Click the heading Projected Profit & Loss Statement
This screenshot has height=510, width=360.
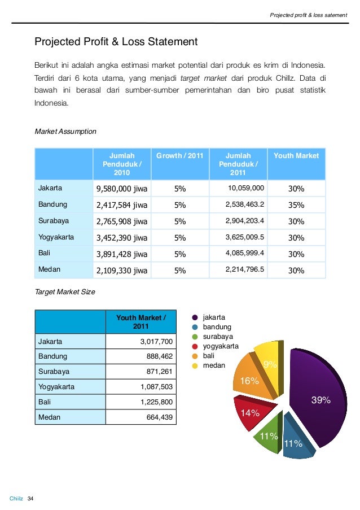tap(116, 42)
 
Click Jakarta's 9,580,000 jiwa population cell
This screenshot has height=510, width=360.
tap(122, 188)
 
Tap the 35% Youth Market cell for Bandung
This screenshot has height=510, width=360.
tap(296, 205)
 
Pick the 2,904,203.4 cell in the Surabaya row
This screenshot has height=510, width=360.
tap(245, 221)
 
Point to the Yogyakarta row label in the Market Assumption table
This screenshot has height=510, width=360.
tap(56, 237)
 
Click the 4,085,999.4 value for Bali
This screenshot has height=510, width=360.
tap(245, 254)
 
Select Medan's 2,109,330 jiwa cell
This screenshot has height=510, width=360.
tap(122, 270)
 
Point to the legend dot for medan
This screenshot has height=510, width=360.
tap(195, 365)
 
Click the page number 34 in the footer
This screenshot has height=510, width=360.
tap(31, 498)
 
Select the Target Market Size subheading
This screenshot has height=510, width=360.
tap(65, 292)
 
